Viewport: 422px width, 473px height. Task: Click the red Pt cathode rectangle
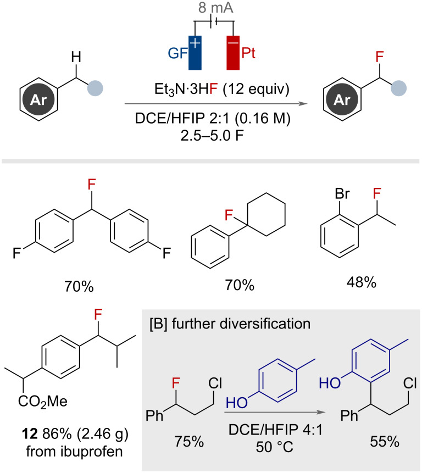click(233, 53)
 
